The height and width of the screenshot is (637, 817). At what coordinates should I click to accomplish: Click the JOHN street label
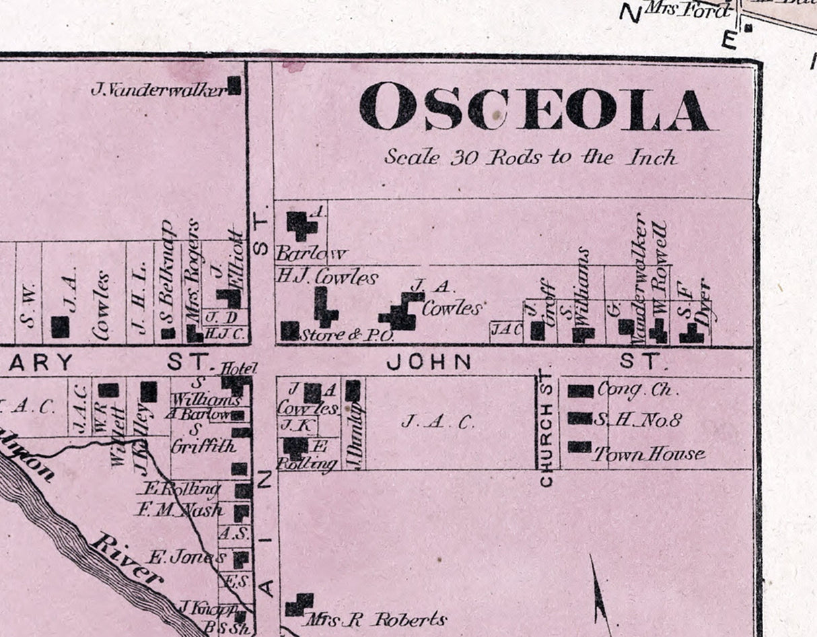[x=429, y=362]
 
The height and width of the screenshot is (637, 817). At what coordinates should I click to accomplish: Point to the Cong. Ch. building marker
[x=580, y=391]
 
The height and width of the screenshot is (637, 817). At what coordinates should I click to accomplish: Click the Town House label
[x=649, y=455]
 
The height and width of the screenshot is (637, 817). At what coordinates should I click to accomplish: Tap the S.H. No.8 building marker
[x=579, y=418]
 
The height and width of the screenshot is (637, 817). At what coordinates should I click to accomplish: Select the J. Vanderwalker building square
[x=234, y=86]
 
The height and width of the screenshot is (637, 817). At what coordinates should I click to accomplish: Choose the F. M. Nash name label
[x=179, y=510]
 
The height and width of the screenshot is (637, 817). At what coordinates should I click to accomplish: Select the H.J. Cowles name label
[x=327, y=276]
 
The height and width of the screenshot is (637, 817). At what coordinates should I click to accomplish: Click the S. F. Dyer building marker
[x=690, y=333]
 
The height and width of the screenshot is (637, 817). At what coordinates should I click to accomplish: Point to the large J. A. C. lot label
[x=437, y=422]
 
